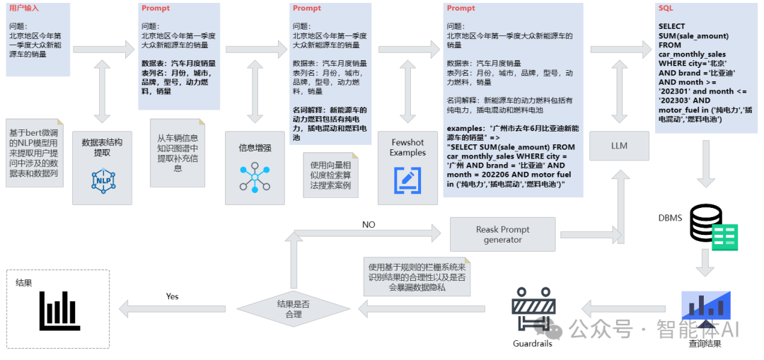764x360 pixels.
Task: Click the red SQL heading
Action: pos(666,8)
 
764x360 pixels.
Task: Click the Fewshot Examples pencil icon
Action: pos(407,180)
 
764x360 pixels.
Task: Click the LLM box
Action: pos(619,146)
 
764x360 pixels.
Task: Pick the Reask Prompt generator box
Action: pos(502,234)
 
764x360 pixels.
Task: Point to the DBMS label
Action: pos(671,218)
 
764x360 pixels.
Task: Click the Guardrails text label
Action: pos(532,344)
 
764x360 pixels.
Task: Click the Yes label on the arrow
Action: pos(173,296)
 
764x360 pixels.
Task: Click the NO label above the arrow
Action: pos(369,225)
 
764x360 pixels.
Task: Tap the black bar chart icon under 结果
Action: pos(58,309)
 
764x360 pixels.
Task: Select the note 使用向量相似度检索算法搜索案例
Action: pos(330,175)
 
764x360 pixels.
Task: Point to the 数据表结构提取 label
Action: pos(102,147)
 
